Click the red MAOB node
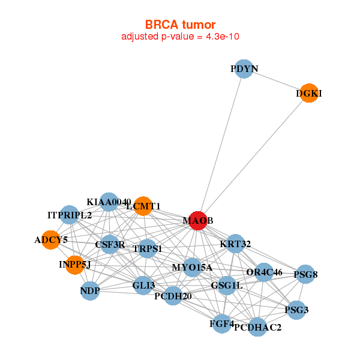click(198, 221)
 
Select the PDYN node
click(243, 69)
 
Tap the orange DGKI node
click(308, 93)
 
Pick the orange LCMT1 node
click(143, 206)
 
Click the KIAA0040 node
click(109, 202)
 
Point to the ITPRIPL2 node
click(70, 215)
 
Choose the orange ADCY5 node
click(51, 240)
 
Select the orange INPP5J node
click(74, 265)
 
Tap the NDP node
click(89, 291)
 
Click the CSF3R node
click(110, 244)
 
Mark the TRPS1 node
click(148, 248)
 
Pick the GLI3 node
click(143, 285)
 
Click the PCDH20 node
click(173, 296)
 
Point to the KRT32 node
click(235, 244)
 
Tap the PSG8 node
click(305, 274)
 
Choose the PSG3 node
click(297, 310)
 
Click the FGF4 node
click(221, 324)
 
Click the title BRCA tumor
click(180, 25)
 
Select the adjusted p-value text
click(181, 37)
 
